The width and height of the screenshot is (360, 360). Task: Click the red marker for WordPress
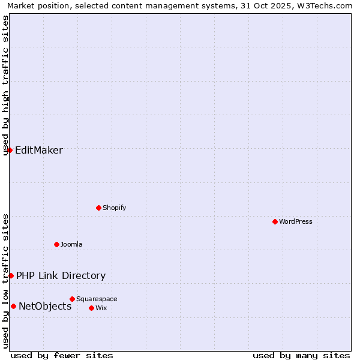click(275, 221)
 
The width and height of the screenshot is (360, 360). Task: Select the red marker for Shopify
click(98, 208)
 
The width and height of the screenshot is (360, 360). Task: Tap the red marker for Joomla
click(56, 244)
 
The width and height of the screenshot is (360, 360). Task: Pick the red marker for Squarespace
click(72, 299)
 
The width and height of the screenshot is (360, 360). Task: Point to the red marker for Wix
click(91, 308)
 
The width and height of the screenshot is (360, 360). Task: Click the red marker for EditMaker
click(10, 150)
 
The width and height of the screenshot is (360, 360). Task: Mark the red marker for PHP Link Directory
click(11, 275)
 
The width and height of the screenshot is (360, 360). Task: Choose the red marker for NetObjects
click(13, 306)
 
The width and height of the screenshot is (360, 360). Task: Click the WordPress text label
click(296, 221)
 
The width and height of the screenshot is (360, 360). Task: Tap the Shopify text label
click(114, 208)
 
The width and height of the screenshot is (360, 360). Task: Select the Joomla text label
click(71, 244)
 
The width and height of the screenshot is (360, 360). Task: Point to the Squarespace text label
click(97, 299)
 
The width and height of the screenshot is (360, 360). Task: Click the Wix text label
click(101, 308)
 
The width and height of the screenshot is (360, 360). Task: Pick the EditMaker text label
click(39, 150)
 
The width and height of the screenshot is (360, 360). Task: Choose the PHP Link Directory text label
click(61, 275)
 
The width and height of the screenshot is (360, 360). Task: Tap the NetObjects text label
click(45, 306)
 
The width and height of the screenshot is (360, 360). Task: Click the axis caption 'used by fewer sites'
click(62, 355)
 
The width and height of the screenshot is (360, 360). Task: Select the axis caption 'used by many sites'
click(301, 355)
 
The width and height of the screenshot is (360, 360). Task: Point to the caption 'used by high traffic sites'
click(6, 85)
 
